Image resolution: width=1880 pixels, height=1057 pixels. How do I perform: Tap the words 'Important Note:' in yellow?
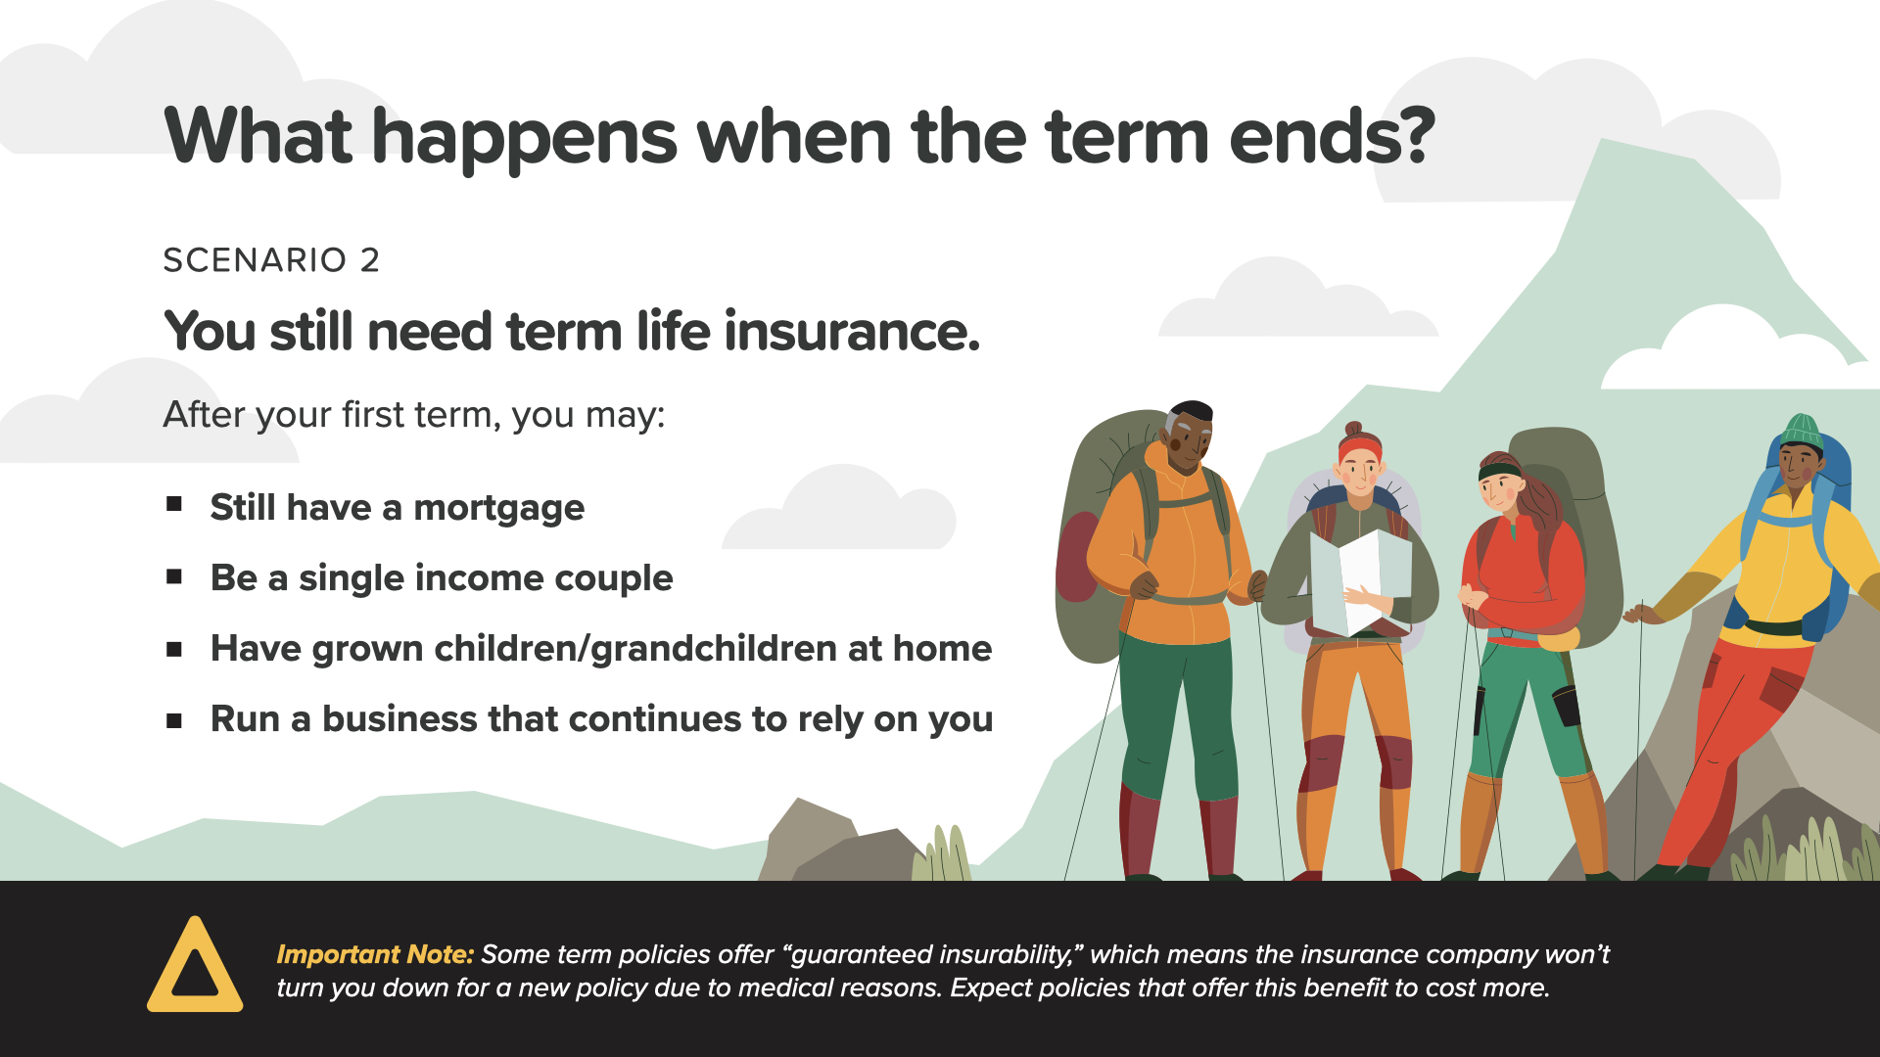pos(375,954)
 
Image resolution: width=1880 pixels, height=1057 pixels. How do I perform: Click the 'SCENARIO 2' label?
pos(271,260)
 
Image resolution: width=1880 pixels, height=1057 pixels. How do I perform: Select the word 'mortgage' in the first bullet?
pos(498,509)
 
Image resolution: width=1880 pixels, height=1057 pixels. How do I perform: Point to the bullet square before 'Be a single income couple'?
pos(174,576)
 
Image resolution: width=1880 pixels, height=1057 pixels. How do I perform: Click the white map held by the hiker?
pos(1360,582)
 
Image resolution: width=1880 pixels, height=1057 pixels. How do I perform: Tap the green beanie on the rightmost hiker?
pos(1802,432)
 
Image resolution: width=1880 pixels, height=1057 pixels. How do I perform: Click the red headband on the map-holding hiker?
pos(1359,448)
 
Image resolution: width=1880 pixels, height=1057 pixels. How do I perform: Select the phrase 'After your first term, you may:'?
pos(414,415)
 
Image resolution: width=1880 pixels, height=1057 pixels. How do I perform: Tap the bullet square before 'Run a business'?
pos(174,721)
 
